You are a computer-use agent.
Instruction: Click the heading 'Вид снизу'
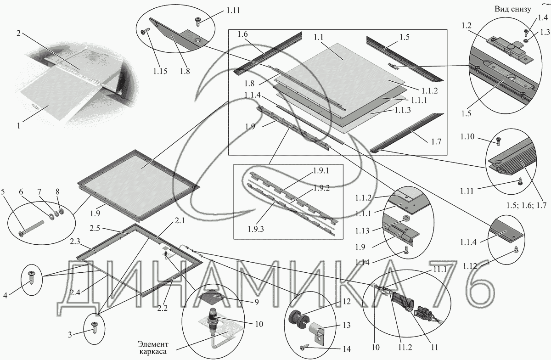pos(512,9)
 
